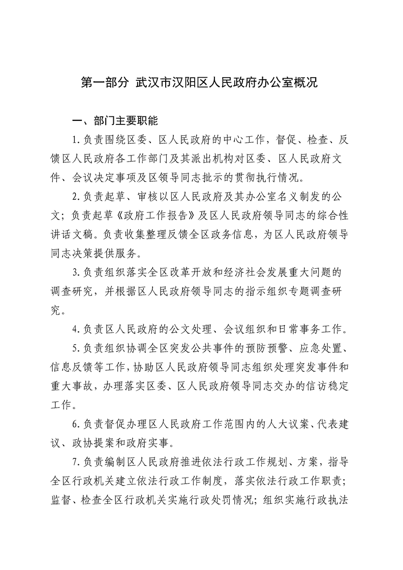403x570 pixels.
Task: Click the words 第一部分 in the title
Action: click(105, 83)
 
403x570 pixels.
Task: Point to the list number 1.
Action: click(75, 140)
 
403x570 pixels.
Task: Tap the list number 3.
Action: click(75, 272)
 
